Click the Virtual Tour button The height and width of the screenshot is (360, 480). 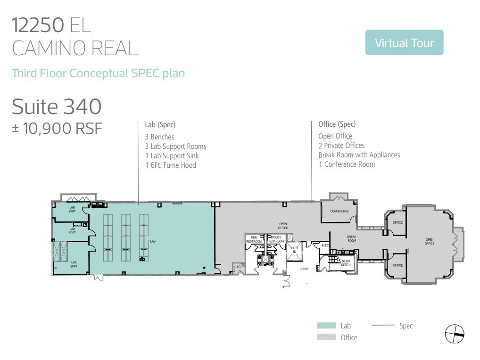(x=404, y=43)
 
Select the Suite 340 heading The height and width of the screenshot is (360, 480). (x=57, y=106)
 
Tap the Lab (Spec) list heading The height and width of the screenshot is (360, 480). (x=160, y=125)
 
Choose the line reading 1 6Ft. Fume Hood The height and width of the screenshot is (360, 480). (x=170, y=165)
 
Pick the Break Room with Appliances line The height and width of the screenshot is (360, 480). (x=359, y=155)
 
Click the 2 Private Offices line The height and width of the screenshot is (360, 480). (x=341, y=145)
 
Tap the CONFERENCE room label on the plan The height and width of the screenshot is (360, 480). (x=339, y=211)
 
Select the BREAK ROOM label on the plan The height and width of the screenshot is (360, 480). (x=352, y=239)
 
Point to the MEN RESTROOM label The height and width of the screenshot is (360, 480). (x=254, y=239)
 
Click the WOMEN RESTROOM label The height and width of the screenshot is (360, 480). (x=276, y=239)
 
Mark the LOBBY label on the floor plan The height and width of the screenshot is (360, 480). (x=304, y=269)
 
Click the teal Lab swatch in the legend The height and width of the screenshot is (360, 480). (x=326, y=326)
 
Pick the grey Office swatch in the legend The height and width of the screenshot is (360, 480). (x=326, y=337)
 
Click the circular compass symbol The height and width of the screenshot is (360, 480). (x=455, y=334)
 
